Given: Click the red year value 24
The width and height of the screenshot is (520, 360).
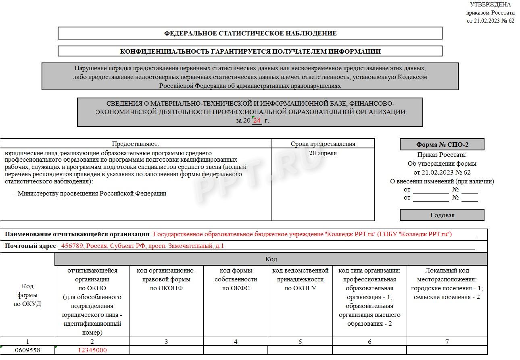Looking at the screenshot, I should click(x=257, y=121).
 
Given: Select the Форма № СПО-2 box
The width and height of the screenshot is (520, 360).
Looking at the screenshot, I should click(x=442, y=144).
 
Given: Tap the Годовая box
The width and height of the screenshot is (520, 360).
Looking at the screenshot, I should click(x=442, y=215).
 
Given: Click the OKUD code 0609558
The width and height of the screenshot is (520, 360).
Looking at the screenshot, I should click(x=27, y=350).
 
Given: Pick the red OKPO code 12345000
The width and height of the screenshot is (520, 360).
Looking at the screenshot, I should click(x=92, y=350).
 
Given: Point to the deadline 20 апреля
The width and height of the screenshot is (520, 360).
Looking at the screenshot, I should click(x=323, y=153).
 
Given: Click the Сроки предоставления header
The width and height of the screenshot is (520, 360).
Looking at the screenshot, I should click(x=323, y=144).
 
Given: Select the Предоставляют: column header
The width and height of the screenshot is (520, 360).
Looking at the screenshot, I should click(x=136, y=144).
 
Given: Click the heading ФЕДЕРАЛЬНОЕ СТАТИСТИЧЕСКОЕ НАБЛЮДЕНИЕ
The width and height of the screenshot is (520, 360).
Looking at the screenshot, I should click(x=250, y=33).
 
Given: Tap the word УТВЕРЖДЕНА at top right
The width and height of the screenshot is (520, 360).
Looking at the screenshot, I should click(x=490, y=4).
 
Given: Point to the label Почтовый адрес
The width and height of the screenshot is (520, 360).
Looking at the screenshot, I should click(x=30, y=246).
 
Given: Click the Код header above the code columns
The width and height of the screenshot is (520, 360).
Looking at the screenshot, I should click(x=271, y=259).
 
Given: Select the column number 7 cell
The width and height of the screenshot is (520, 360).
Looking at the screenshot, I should click(x=447, y=341).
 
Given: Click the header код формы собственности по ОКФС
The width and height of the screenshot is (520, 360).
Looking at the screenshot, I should click(x=236, y=279).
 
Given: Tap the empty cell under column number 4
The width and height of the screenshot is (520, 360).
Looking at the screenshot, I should click(x=236, y=350).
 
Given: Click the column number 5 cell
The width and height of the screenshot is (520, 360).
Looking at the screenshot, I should click(x=300, y=341).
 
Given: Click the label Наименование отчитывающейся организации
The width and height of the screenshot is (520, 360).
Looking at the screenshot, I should click(x=77, y=234).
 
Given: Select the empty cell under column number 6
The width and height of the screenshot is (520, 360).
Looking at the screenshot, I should click(x=370, y=350).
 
